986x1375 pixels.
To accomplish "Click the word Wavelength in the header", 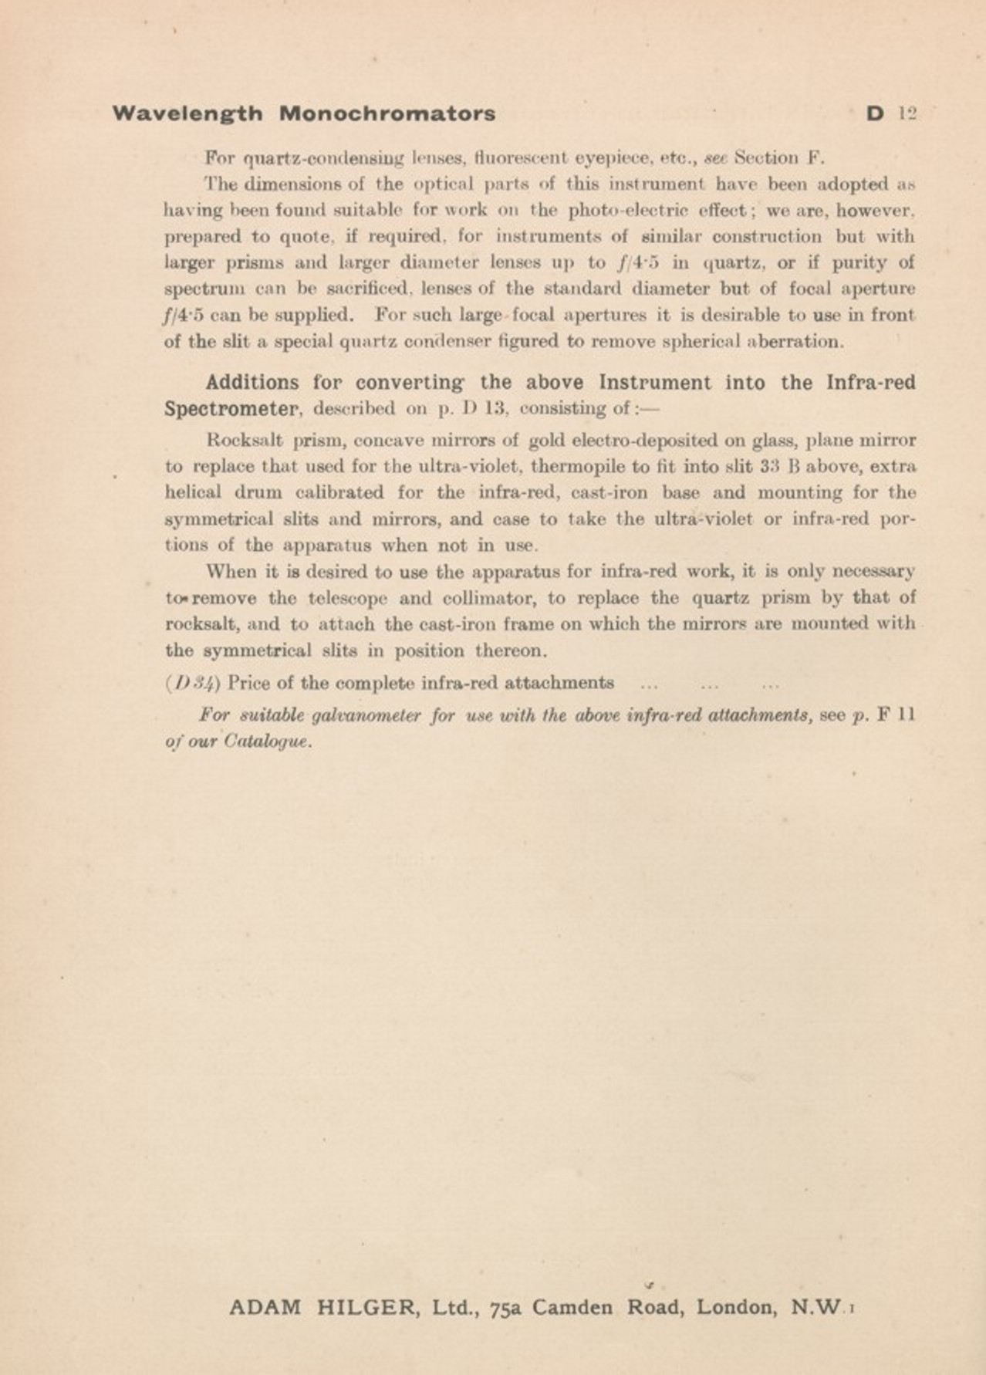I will (x=187, y=113).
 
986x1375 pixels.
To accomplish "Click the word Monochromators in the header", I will (x=387, y=113).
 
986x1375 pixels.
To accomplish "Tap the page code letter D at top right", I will (x=874, y=113).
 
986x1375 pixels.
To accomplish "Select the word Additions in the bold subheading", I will (x=252, y=383).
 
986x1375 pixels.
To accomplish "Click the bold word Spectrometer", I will (x=231, y=408).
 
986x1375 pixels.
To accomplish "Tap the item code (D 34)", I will (x=193, y=684).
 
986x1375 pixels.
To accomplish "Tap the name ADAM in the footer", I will (x=265, y=1308).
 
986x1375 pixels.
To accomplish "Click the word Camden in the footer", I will (x=572, y=1308).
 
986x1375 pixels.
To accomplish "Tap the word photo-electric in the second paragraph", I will (x=625, y=211).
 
